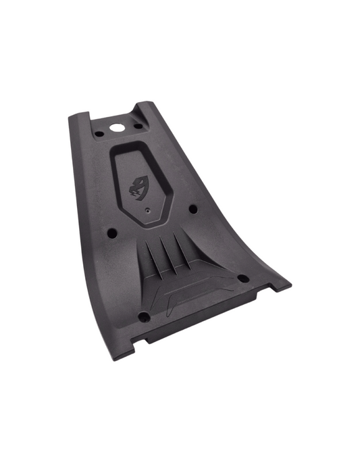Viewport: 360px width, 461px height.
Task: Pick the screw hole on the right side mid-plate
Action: coord(193,210)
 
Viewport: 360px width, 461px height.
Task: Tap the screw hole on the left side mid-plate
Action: coord(112,234)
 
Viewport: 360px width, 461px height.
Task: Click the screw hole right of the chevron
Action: coord(241,277)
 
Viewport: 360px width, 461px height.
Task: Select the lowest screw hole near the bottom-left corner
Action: coord(143,316)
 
